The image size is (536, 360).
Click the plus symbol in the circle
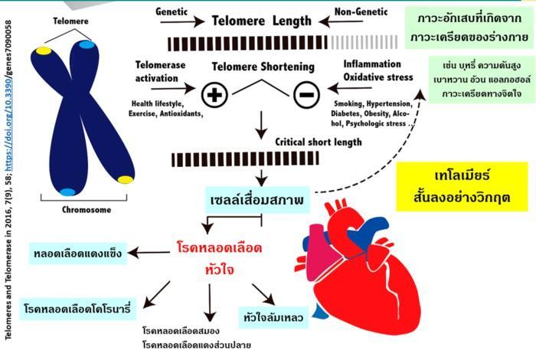(214, 94)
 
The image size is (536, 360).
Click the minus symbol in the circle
(306, 95)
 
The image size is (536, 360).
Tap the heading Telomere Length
(262, 21)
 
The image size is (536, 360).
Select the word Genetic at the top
(172, 11)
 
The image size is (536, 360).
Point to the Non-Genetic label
(361, 11)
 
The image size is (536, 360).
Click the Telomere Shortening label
(263, 67)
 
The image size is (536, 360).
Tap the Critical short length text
(319, 142)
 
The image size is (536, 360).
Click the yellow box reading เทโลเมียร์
(462, 187)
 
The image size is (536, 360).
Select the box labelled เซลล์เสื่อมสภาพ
(257, 200)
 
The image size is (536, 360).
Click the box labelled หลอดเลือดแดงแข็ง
(78, 254)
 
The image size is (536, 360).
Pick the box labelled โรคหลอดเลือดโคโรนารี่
(77, 309)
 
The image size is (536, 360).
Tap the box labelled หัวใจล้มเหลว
(273, 318)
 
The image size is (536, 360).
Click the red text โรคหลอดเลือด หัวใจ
(220, 258)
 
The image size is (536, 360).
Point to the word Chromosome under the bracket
(87, 210)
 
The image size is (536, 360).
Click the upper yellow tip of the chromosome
(44, 51)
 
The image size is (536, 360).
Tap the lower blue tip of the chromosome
(67, 191)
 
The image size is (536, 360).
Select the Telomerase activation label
(160, 71)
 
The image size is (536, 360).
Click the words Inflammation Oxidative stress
(378, 70)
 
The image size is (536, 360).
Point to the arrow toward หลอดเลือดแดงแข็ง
(149, 253)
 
